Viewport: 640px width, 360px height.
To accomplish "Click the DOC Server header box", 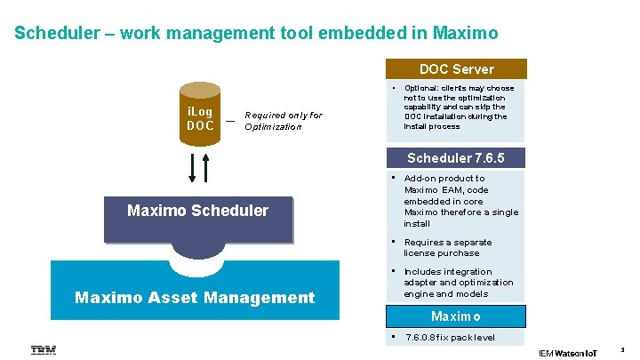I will tap(456, 69).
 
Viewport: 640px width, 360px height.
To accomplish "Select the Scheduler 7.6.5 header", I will tap(456, 158).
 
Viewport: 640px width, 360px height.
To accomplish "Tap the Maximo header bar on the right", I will tap(456, 316).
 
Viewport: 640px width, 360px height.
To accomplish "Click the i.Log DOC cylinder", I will tap(200, 119).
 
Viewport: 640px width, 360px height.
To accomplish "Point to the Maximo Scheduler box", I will tap(197, 212).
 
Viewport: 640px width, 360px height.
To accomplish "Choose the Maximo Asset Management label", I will tap(195, 298).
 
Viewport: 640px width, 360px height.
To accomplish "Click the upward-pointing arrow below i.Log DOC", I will tap(206, 166).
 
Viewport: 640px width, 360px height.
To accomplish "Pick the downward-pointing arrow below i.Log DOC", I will tap(193, 166).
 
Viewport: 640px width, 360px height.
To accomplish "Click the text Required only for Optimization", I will tap(283, 121).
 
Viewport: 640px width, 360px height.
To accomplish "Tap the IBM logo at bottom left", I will tap(44, 350).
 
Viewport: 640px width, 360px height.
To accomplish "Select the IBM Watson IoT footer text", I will tap(569, 353).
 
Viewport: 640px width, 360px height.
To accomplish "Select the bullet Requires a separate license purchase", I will tap(448, 248).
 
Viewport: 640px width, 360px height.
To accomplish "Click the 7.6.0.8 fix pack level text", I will tap(450, 338).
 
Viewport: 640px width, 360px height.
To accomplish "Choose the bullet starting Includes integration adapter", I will tap(459, 283).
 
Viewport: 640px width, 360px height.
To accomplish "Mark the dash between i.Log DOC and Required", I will tap(230, 121).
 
